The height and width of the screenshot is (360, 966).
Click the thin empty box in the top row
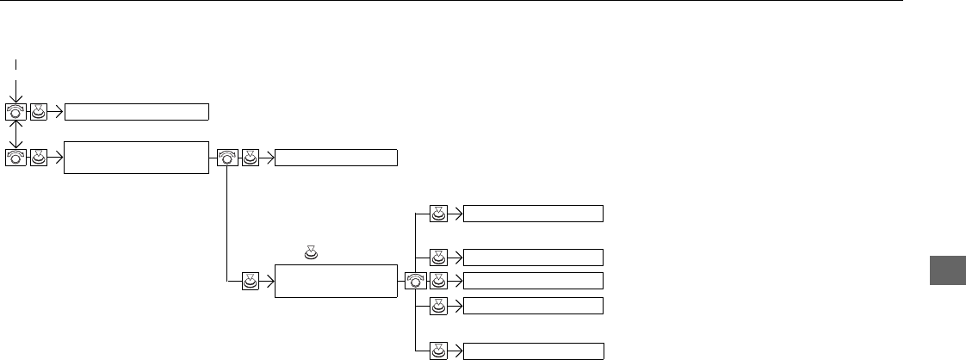tap(137, 111)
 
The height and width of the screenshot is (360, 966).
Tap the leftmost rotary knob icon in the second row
tap(15, 158)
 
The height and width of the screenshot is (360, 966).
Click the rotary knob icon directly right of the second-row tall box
tap(228, 158)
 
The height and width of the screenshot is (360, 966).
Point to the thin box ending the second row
tap(336, 158)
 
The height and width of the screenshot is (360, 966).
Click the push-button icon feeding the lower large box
tap(251, 281)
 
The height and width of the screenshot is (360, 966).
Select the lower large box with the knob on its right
tap(336, 281)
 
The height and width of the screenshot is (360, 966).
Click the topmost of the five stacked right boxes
tap(533, 214)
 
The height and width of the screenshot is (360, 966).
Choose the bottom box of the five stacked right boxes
tap(533, 351)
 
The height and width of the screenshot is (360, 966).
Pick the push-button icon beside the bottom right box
tap(439, 351)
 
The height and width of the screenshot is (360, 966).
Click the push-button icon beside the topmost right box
tap(439, 214)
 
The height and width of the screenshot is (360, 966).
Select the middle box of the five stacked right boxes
tap(533, 281)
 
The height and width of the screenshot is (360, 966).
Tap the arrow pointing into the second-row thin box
tap(267, 158)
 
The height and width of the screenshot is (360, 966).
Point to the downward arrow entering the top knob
tap(15, 90)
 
